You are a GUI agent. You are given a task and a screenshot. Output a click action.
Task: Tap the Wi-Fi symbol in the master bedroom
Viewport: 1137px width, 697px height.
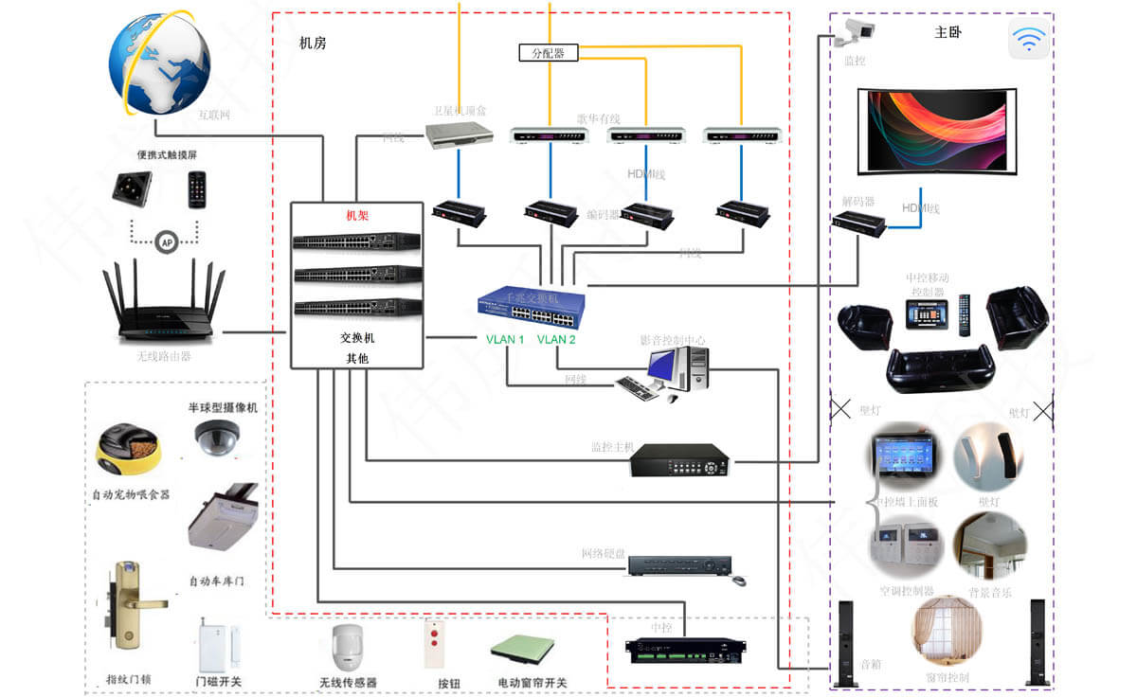coord(1028,40)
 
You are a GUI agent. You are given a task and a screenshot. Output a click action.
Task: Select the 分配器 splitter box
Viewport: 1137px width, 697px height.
coord(548,53)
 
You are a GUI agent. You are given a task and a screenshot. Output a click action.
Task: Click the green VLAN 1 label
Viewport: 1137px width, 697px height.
coord(505,339)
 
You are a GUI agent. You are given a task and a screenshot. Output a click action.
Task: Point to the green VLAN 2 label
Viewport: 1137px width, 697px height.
coord(556,339)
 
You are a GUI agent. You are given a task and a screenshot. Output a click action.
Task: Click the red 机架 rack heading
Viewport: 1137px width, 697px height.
coord(356,216)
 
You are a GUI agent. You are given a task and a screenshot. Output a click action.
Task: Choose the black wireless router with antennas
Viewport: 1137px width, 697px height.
coord(164,303)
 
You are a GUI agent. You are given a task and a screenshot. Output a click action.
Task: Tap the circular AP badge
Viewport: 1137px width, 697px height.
coord(167,241)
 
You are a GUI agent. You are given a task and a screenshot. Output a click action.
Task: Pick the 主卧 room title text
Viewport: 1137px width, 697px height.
coord(947,32)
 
